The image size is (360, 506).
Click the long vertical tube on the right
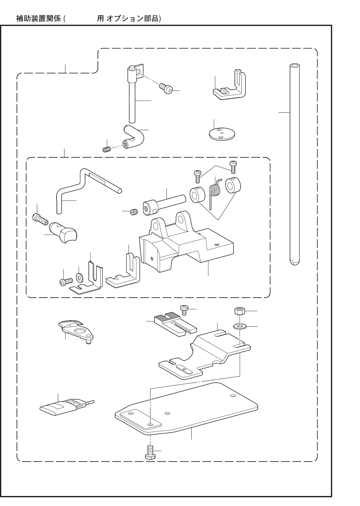(x=294, y=163)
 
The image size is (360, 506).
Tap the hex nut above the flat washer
(x=239, y=312)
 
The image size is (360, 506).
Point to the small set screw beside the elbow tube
(x=107, y=149)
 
